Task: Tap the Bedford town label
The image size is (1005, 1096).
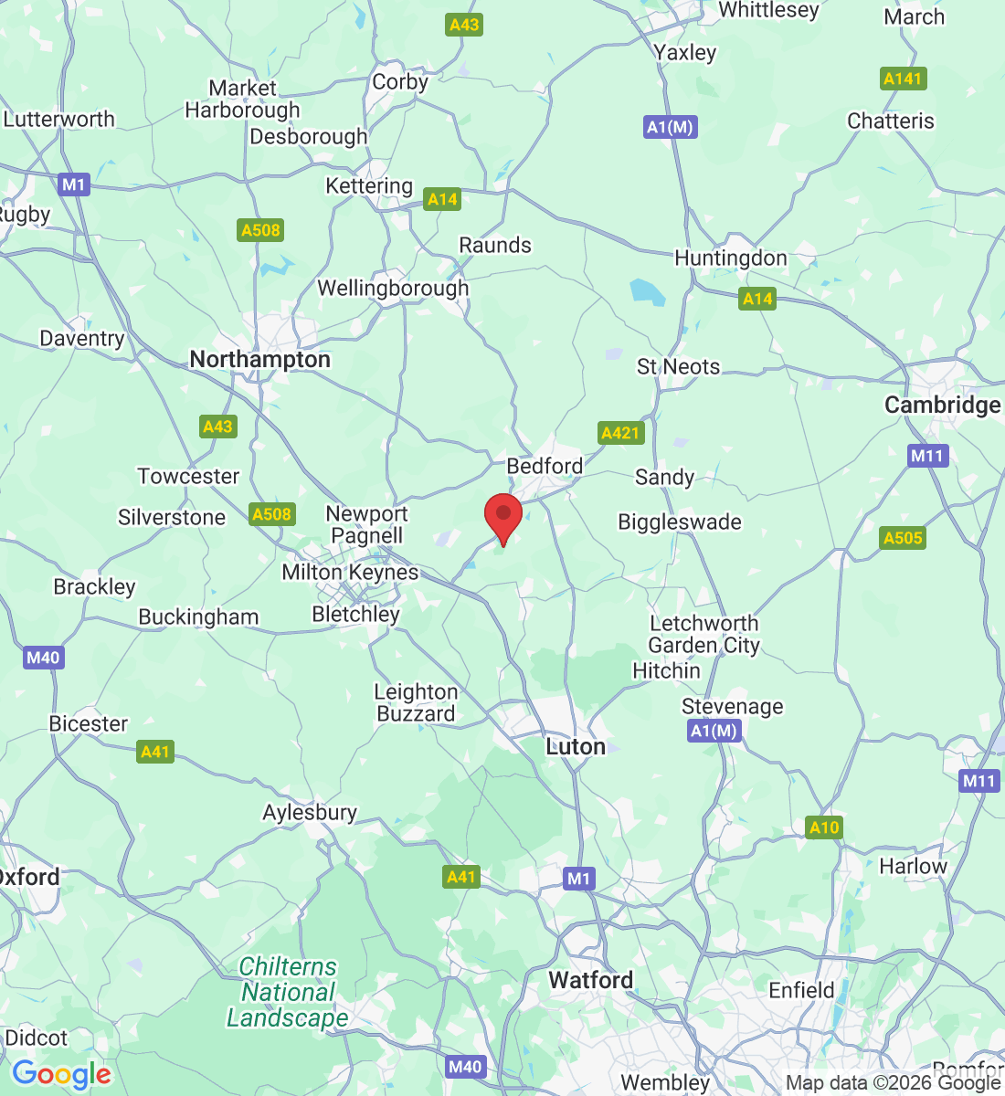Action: coord(545,466)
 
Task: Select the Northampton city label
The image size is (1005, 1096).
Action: coord(259,360)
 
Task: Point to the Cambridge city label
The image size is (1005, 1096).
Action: coord(942,405)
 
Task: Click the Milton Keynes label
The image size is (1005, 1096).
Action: coord(350,573)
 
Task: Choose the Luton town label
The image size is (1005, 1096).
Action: coord(576,746)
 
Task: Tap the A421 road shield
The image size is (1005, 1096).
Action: coord(620,433)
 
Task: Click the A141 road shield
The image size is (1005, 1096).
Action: coord(903,79)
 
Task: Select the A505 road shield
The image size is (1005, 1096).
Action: coord(903,538)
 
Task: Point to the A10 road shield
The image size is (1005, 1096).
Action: coord(824,827)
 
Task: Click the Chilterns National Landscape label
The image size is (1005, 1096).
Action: coord(287,992)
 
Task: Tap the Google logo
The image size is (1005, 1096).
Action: coord(61,1074)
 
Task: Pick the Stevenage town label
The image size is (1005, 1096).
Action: coord(733,707)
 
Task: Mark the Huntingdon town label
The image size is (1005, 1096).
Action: coord(730,258)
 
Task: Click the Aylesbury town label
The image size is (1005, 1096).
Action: coord(310,812)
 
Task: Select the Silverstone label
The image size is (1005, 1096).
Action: coord(172,517)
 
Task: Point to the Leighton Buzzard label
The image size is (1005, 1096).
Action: coord(416,702)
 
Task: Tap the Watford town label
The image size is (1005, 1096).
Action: coord(590,980)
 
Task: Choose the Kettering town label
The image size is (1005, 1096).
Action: coord(369,186)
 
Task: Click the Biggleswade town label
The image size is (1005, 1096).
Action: coord(680,522)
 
